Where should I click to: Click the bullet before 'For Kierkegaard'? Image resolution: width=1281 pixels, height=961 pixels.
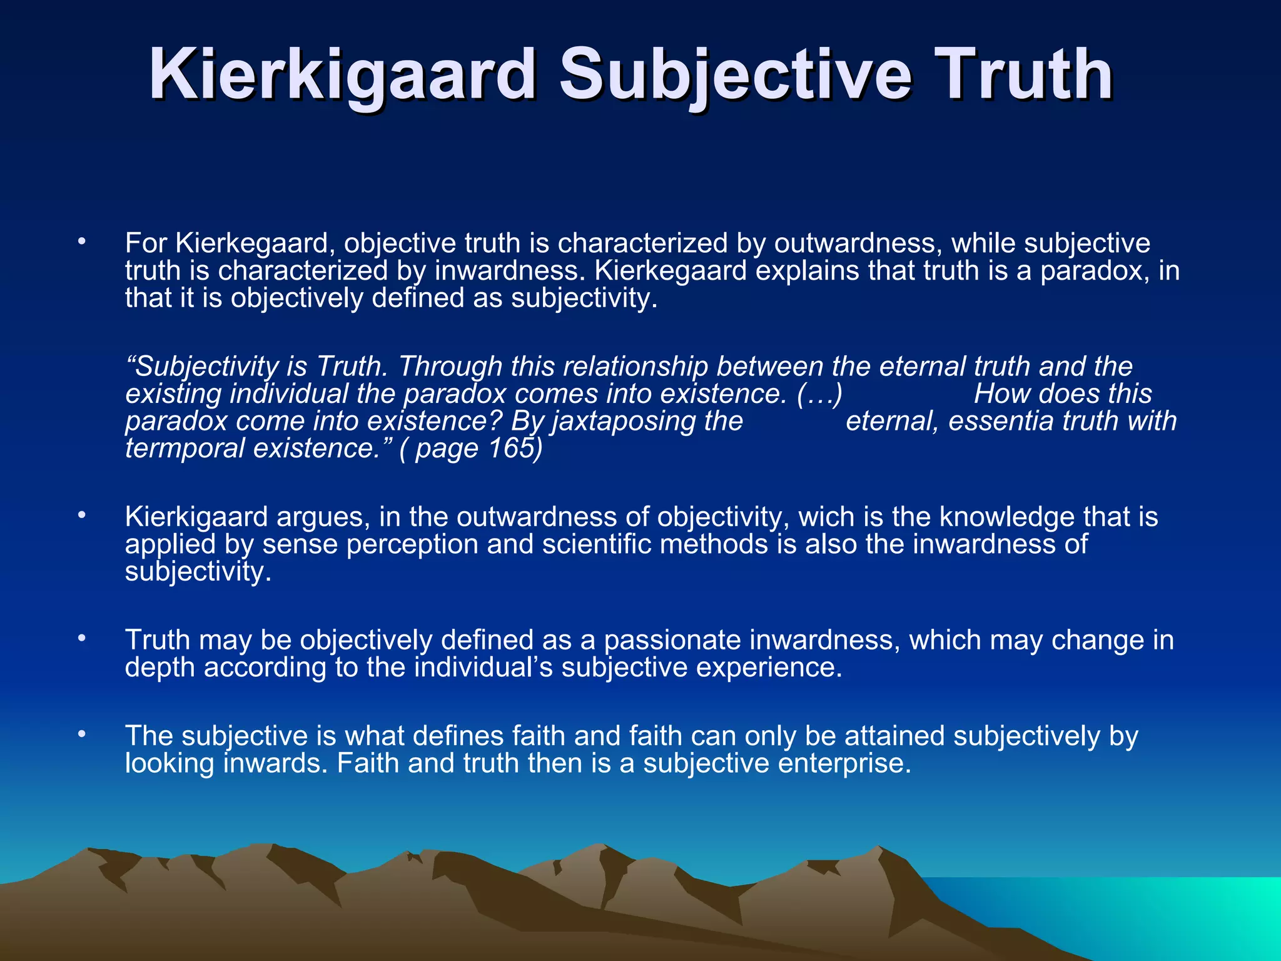pos(81,242)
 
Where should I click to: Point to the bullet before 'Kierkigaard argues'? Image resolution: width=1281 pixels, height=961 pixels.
pos(81,516)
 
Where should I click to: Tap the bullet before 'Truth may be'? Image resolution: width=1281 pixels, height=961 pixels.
pos(81,639)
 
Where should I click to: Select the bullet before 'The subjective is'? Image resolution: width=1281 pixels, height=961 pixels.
pos(81,735)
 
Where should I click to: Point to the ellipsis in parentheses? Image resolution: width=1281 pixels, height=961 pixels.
pos(820,394)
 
